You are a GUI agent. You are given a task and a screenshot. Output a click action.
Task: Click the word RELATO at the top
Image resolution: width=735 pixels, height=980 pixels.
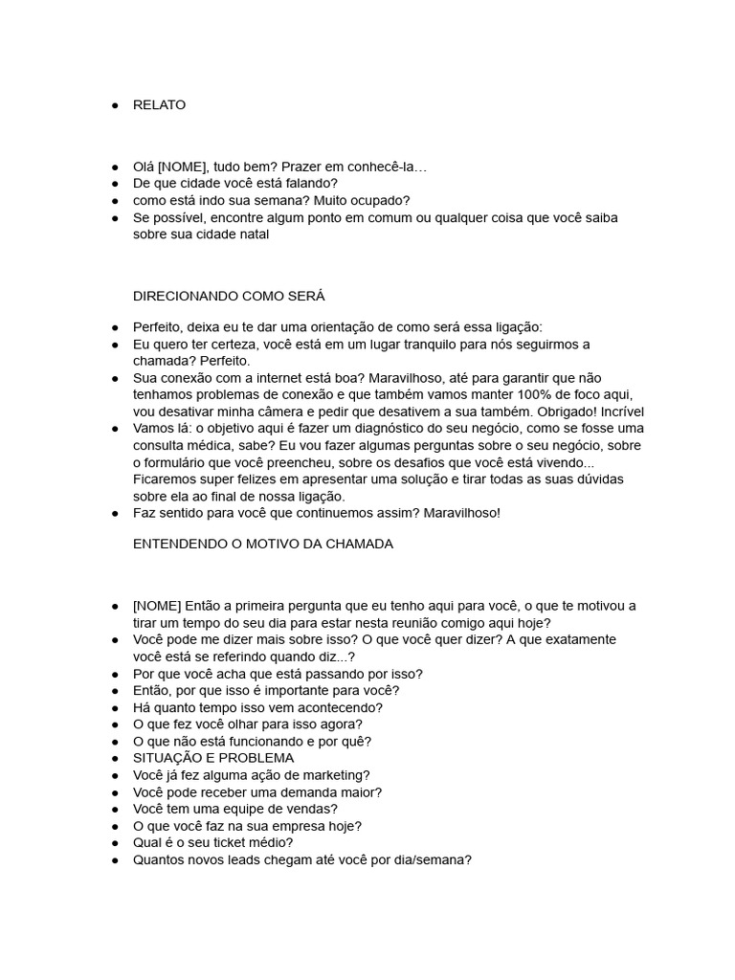160,105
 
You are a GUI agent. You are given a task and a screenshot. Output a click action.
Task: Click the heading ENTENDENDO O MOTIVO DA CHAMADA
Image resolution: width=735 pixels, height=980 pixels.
263,545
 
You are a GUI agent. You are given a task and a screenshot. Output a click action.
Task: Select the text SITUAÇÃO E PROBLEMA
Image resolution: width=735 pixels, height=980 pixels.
213,758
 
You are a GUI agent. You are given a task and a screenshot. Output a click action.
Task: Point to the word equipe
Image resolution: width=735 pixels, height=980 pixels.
239,809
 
